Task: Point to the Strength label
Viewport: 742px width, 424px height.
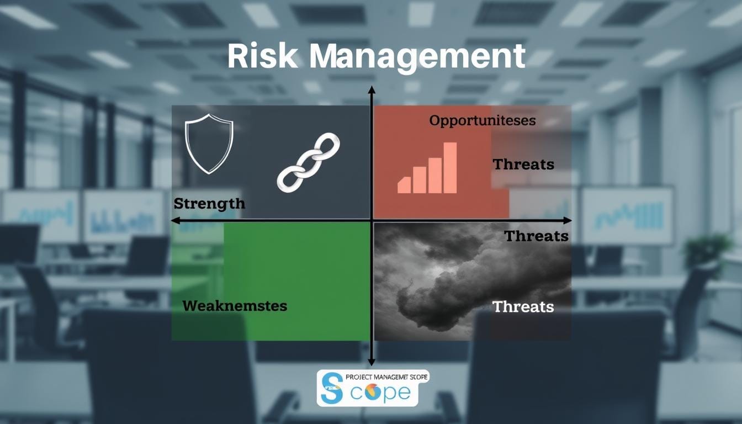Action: [209, 203]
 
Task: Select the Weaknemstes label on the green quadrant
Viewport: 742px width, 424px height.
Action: [235, 305]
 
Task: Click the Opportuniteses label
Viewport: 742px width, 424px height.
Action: [482, 120]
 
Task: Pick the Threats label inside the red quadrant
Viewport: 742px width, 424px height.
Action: [523, 164]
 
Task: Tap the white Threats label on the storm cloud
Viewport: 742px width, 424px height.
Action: [523, 306]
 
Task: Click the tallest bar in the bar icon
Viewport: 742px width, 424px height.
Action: [450, 168]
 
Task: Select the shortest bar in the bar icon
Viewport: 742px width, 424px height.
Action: [404, 185]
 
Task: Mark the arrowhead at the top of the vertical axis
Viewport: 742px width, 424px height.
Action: [372, 89]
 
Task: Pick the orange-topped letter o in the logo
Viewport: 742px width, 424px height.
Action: [369, 392]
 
